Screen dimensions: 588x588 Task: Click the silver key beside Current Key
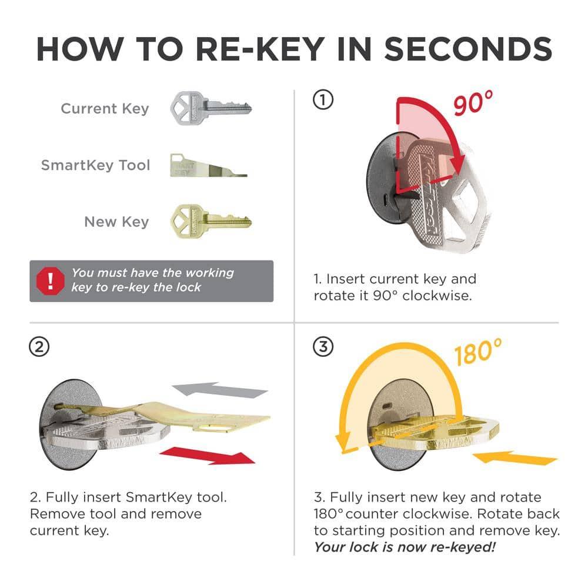(x=211, y=108)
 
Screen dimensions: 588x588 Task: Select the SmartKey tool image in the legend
(x=208, y=165)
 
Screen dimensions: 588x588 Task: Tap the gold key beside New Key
(x=211, y=221)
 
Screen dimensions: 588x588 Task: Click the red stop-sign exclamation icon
(x=50, y=281)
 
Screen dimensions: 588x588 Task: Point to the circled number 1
(x=323, y=101)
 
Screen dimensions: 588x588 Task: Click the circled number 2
(x=39, y=348)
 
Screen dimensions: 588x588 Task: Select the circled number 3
(x=323, y=348)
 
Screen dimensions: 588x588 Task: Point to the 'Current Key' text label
(x=105, y=109)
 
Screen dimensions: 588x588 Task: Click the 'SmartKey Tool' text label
(x=95, y=165)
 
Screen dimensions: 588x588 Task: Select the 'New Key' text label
(x=116, y=222)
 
